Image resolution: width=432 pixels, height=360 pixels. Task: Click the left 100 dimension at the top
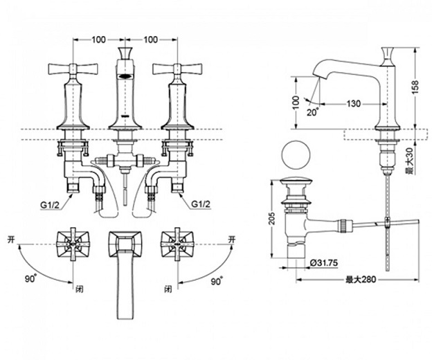[x=98, y=39]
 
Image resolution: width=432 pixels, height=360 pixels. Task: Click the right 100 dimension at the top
[x=150, y=39]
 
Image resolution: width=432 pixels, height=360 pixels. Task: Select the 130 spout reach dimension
[x=353, y=103]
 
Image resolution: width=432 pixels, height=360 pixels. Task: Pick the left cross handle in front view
[x=71, y=71]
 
